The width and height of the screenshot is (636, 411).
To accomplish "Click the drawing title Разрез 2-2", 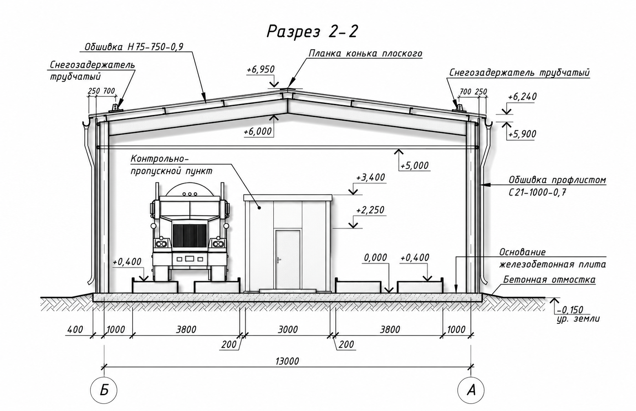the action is [x=312, y=31].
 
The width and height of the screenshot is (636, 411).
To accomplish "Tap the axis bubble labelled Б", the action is [x=104, y=391].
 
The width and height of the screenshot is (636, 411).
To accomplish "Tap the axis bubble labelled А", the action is [x=471, y=391].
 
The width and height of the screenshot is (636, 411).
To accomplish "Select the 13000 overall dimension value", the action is [x=287, y=361].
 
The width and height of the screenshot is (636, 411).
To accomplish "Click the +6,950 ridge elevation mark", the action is [x=260, y=69].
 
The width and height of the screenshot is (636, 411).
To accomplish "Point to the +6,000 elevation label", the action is [x=257, y=132].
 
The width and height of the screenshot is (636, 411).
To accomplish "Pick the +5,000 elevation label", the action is [x=414, y=165].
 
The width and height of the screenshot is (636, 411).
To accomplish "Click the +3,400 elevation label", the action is [x=370, y=178].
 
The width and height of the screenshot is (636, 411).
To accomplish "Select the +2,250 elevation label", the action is [x=370, y=210].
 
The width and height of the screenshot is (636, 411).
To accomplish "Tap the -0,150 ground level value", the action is [x=569, y=310].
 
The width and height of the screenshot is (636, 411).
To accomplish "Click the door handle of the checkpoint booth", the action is [x=279, y=259].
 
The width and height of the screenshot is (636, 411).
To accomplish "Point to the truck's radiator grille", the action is [x=190, y=235].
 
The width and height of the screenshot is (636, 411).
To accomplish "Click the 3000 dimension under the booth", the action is [x=288, y=330].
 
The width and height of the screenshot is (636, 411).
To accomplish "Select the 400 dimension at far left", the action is [x=75, y=330].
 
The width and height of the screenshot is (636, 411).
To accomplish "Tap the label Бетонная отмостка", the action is [x=550, y=280].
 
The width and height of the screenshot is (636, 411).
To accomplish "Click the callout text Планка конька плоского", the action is [x=366, y=53].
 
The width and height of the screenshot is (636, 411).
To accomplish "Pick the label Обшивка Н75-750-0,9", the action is [x=134, y=47].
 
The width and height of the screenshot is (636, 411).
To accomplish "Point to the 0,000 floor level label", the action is [x=375, y=257].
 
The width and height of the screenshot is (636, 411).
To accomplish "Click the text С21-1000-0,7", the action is [x=537, y=193].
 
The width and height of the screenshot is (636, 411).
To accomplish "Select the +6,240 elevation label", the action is [x=522, y=97].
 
